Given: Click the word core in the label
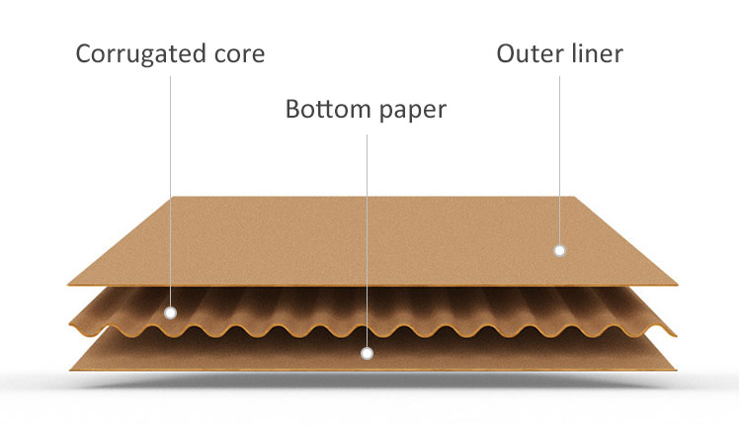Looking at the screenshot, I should point(237,53).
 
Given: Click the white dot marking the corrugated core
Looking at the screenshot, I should point(170,312).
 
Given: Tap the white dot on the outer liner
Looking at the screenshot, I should point(559,250).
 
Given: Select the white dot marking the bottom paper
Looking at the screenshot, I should point(367,352).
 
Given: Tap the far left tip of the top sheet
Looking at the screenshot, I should point(71,284).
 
